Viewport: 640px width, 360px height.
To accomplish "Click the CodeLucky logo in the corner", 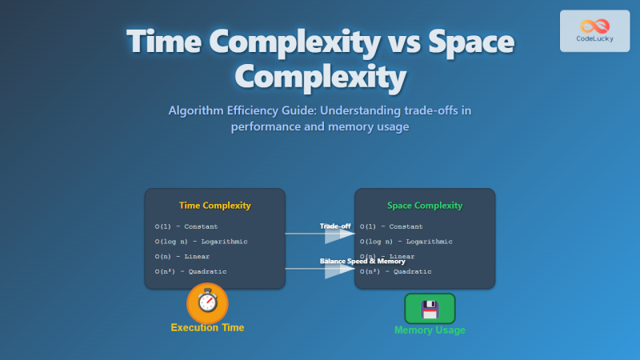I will point(594,31).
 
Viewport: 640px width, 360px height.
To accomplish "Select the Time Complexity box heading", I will point(214,206).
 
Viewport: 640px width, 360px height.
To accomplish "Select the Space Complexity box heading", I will point(425,206).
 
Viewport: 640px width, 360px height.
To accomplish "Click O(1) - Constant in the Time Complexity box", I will point(188,226).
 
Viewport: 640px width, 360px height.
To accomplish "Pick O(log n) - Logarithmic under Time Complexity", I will point(201,242).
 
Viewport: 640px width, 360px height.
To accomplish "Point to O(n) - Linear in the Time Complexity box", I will point(183,257).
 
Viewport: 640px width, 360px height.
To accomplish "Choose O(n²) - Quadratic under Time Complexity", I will point(191,272).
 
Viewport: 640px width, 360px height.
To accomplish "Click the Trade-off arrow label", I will point(335,226).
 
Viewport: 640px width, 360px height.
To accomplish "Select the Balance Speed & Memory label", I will point(362,262).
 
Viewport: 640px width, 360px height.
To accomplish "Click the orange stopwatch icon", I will point(207,303).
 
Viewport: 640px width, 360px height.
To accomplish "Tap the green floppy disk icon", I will point(430,308).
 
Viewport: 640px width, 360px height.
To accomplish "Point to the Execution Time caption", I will point(207,327).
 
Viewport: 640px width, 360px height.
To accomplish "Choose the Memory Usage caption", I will point(430,330).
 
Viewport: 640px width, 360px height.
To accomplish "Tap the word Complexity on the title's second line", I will point(320,78).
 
